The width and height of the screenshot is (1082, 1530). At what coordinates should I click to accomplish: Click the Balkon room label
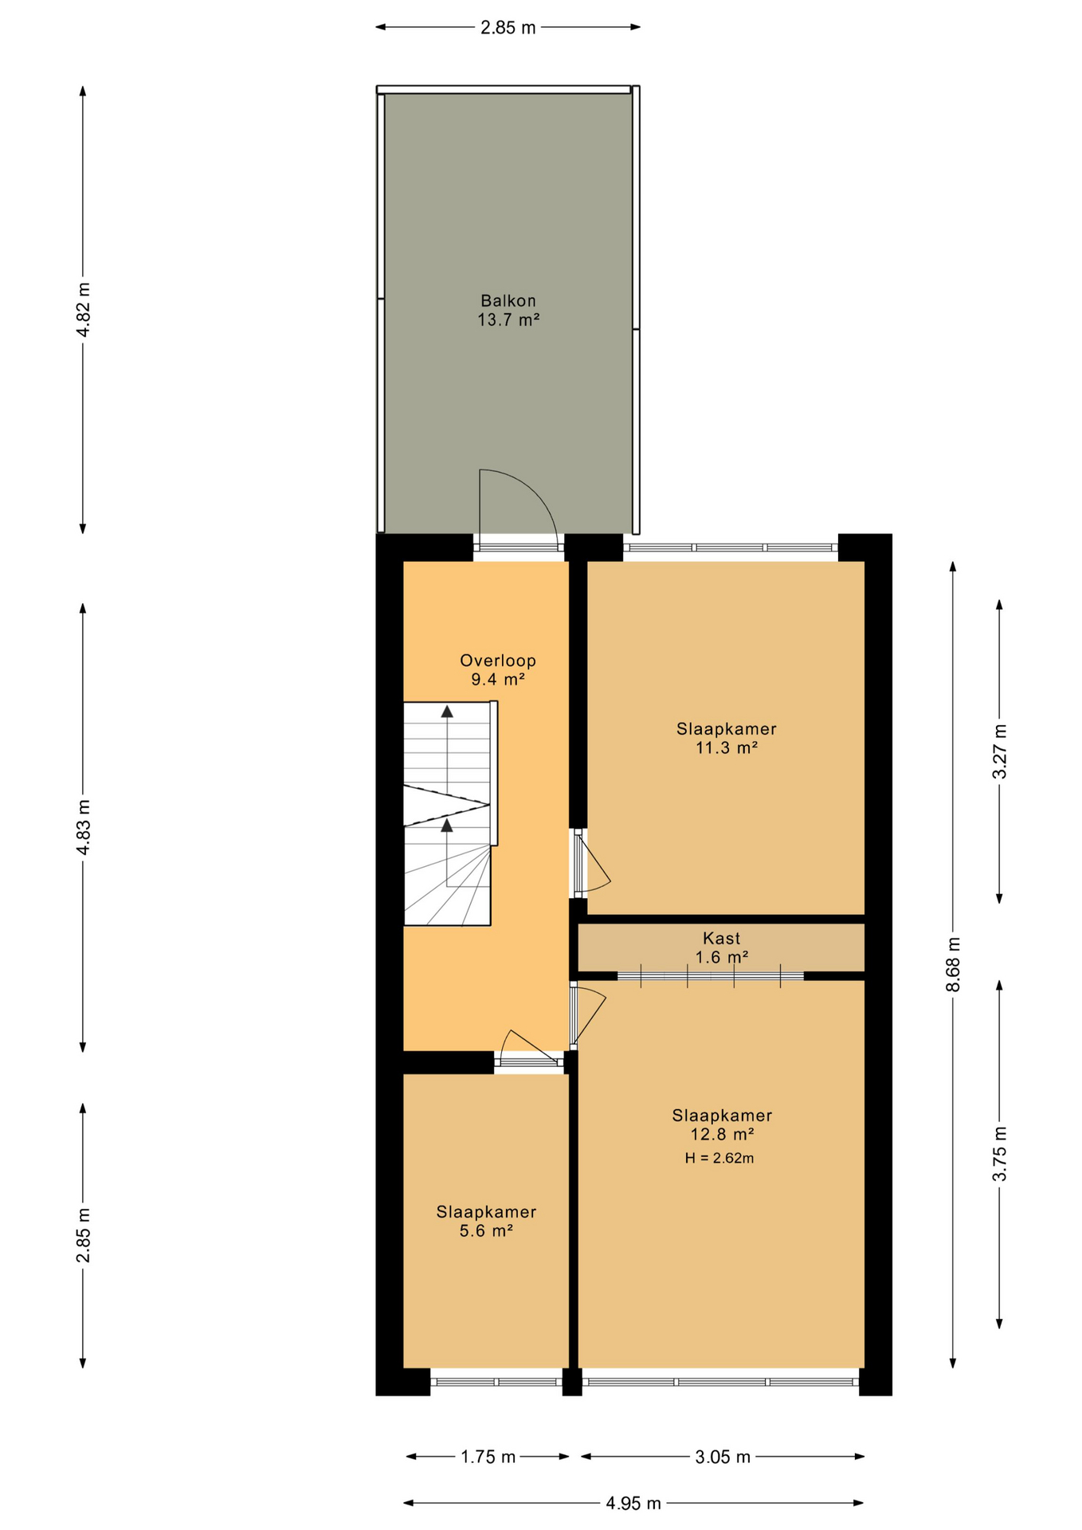point(508,300)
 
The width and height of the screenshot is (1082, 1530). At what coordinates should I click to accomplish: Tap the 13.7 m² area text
point(508,320)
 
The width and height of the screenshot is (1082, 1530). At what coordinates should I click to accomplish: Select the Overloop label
point(497,660)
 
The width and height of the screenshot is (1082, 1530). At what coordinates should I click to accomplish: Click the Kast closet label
point(721,938)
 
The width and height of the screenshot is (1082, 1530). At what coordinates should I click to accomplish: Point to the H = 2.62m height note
point(719,1158)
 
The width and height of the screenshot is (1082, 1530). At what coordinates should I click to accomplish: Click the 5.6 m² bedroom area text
point(485,1230)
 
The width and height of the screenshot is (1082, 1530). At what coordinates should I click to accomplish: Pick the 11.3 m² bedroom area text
point(725,747)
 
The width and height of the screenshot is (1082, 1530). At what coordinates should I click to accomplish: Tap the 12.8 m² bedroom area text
point(721,1134)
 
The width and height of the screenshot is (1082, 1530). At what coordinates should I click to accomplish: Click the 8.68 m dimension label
point(953,964)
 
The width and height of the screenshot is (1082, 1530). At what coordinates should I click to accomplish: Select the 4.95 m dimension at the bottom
point(633,1503)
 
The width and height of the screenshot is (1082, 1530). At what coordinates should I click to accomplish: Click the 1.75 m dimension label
point(488,1457)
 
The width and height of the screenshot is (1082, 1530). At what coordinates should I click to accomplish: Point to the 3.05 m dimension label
point(722,1457)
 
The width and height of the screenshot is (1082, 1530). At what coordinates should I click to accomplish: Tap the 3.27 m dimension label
point(999,751)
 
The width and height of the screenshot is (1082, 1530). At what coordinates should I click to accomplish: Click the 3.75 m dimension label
point(999,1153)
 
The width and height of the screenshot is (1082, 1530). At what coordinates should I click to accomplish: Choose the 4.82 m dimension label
point(83,309)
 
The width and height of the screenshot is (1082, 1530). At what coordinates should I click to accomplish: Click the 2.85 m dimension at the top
point(508,28)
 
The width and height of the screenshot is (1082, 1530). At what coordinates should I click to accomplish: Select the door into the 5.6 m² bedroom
point(526,1047)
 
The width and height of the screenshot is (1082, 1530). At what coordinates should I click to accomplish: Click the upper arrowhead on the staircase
point(447,711)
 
